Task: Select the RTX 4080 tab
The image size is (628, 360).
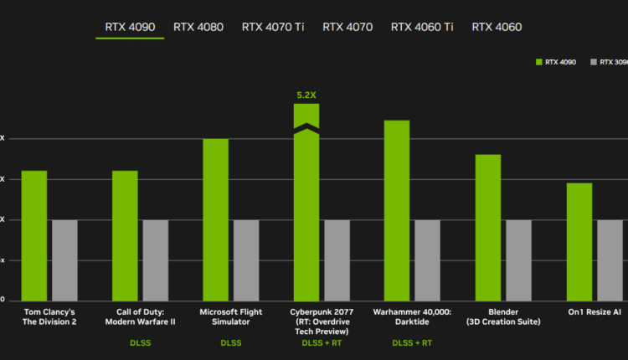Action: [198, 27]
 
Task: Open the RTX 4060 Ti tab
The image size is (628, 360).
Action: [422, 27]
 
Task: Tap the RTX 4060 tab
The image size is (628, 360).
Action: [497, 27]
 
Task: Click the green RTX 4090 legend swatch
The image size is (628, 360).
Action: [538, 62]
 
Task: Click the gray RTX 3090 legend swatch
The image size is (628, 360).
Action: [594, 62]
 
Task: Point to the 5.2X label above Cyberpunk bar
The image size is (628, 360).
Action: [306, 95]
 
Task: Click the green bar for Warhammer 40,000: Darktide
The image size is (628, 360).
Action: [397, 209]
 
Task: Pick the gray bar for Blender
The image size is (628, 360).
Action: [518, 260]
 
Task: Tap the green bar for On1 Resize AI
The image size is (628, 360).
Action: [579, 241]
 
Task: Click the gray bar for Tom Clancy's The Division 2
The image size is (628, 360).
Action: [64, 260]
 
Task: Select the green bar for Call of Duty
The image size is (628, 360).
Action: [125, 234]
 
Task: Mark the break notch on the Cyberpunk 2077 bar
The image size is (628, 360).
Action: [306, 127]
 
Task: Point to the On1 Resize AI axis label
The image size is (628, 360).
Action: [594, 311]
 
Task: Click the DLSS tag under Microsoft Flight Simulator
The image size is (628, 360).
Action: [230, 343]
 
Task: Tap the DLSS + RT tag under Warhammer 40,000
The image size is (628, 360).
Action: [412, 343]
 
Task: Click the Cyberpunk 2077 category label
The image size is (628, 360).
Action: [321, 311]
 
